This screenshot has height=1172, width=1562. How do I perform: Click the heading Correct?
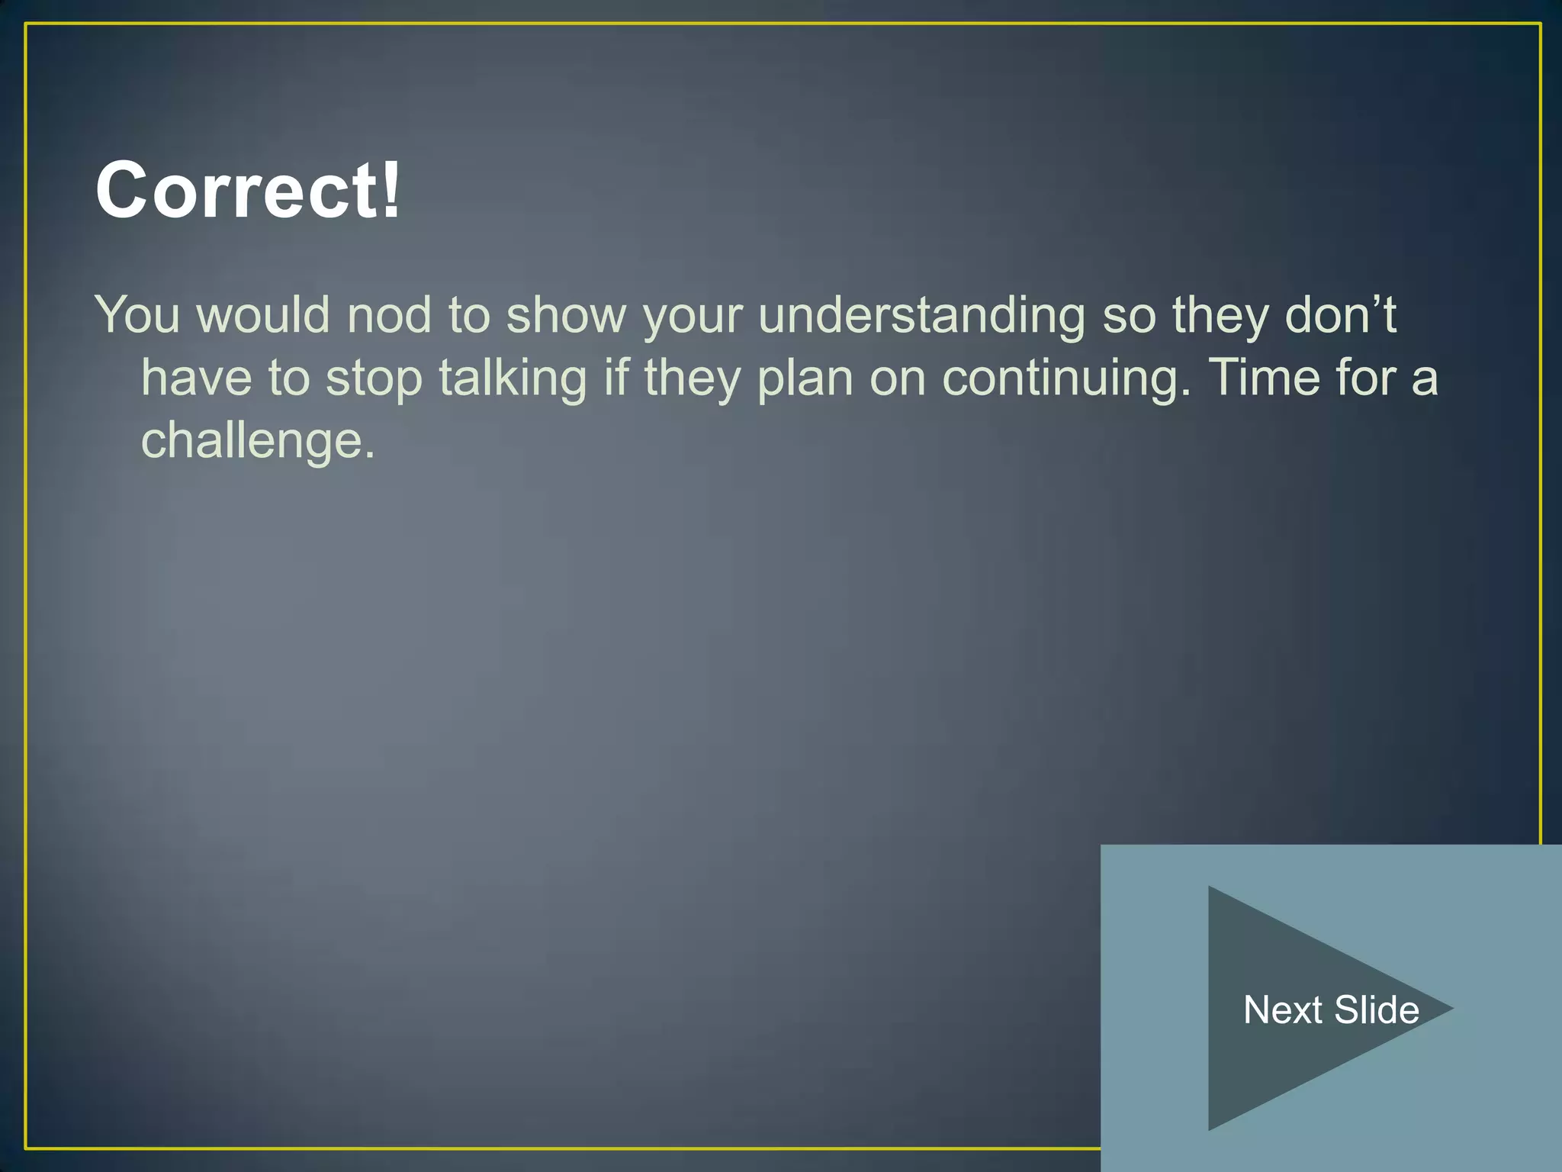tap(247, 190)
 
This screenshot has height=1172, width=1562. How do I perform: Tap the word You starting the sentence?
tap(137, 314)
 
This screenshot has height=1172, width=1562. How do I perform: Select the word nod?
tap(389, 314)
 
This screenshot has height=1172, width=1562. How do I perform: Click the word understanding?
tap(921, 316)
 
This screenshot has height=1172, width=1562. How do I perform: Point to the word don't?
tap(1340, 314)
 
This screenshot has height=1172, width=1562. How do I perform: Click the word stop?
tap(374, 378)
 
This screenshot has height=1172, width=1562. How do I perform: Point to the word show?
tap(566, 314)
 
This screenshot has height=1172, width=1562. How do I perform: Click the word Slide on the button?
tap(1377, 1009)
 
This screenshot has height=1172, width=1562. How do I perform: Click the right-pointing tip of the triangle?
tap(1448, 1008)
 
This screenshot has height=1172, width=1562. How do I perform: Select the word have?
tap(196, 378)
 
